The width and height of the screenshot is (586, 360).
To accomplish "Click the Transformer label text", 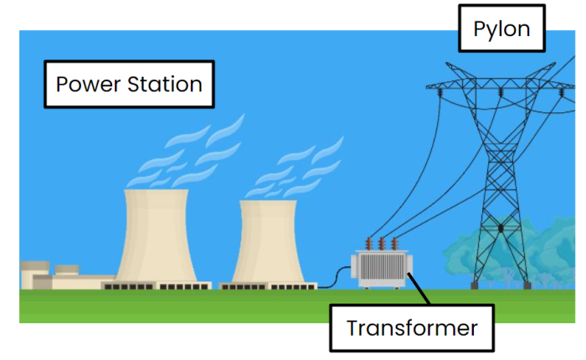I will [412, 327].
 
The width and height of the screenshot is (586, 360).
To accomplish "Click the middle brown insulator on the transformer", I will [383, 244].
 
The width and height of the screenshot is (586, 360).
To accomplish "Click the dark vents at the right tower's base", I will [268, 286].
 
